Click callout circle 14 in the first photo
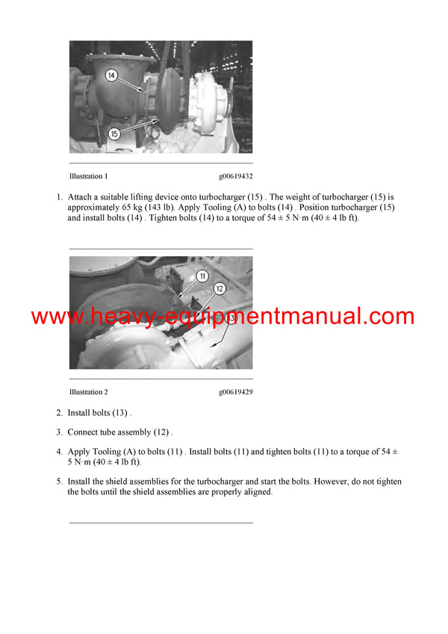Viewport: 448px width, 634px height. [111, 75]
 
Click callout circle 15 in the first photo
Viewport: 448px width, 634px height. [113, 134]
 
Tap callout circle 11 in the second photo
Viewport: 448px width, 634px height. [201, 276]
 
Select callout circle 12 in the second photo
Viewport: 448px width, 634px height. [220, 288]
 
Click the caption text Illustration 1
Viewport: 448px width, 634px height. [89, 177]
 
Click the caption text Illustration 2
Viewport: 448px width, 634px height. [89, 392]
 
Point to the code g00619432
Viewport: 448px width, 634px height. [235, 177]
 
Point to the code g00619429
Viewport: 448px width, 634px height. [235, 392]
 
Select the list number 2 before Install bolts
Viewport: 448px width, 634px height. [59, 413]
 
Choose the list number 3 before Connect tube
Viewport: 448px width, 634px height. [59, 432]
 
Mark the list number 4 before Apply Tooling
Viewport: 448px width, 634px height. [59, 452]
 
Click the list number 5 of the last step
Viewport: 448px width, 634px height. [59, 482]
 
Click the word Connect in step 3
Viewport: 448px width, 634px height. [84, 432]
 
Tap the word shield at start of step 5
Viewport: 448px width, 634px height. [116, 482]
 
